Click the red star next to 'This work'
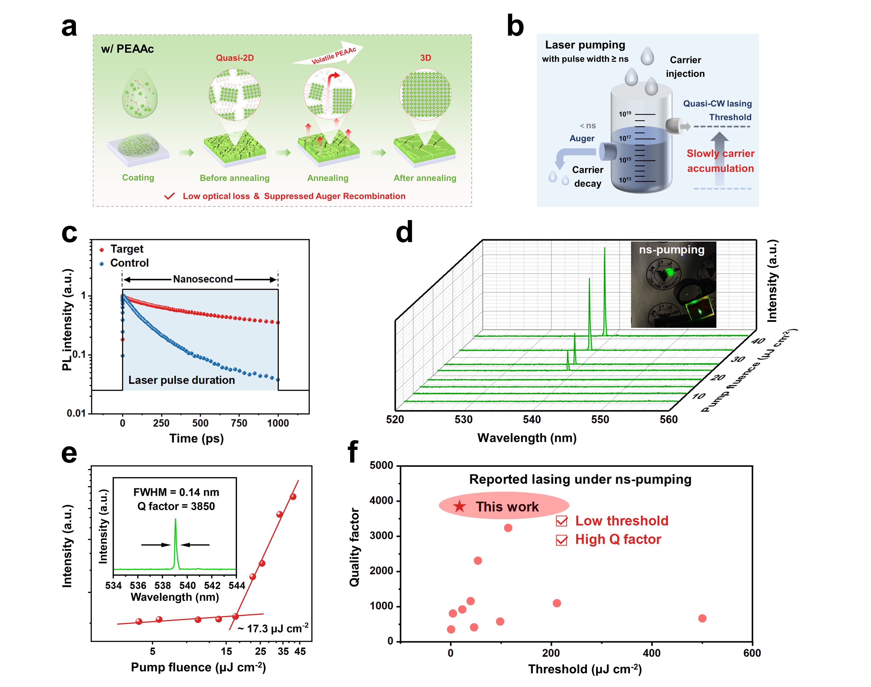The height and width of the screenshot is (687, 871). pyautogui.click(x=460, y=506)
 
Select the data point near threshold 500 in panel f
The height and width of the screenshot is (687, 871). pyautogui.click(x=702, y=618)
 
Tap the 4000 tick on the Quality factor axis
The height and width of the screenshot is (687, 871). pyautogui.click(x=381, y=501)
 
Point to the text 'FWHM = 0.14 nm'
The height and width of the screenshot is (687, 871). pyautogui.click(x=176, y=492)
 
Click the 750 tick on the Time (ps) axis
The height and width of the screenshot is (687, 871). pyautogui.click(x=239, y=423)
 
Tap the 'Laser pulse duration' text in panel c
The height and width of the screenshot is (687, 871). pyautogui.click(x=181, y=380)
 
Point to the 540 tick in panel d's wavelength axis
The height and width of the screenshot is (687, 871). pyautogui.click(x=532, y=420)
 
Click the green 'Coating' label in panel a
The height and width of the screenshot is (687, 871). pyautogui.click(x=138, y=177)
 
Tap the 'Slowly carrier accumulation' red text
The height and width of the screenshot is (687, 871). pyautogui.click(x=720, y=161)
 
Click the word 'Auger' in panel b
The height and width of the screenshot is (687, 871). pyautogui.click(x=582, y=138)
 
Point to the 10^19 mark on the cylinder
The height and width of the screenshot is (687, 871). pyautogui.click(x=625, y=114)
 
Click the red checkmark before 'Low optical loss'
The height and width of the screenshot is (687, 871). pyautogui.click(x=169, y=196)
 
